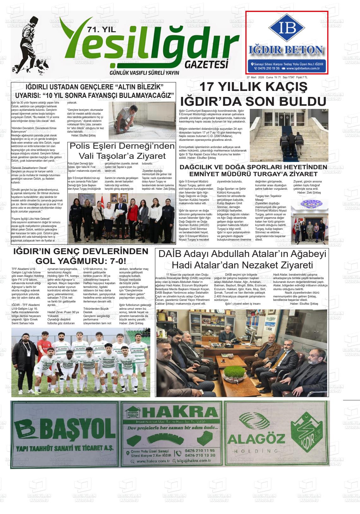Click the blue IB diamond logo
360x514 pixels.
point(287,28)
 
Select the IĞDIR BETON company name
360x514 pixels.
point(286,50)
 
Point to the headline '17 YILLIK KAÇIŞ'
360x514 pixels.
point(253,87)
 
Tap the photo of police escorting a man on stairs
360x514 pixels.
point(289,135)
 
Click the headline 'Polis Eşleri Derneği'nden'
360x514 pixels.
point(122,146)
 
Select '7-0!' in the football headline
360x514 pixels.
point(116,261)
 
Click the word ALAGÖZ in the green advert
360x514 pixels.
point(256,439)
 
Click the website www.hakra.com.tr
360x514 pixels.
point(153,461)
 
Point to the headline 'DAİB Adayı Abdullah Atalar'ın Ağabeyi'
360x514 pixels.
point(242,254)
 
